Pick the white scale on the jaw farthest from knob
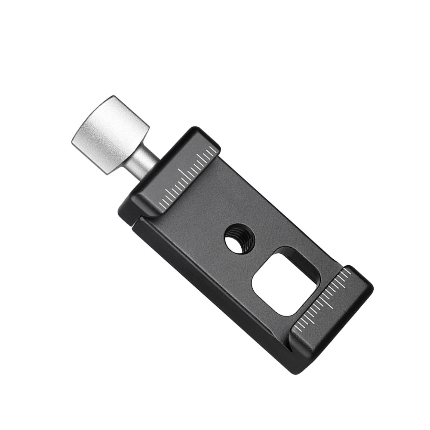[x=325, y=299]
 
